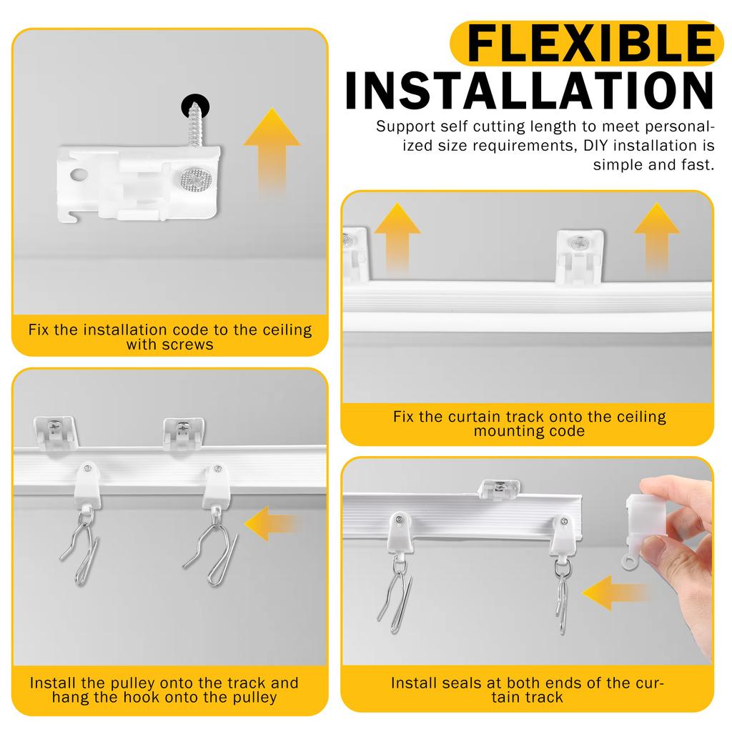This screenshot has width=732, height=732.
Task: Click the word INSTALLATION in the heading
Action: click(530, 91)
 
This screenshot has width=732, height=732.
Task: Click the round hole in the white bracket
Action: click(77, 174)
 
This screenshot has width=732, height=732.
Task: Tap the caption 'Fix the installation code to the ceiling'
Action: click(170, 330)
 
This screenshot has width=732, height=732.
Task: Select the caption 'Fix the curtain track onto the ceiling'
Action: click(529, 416)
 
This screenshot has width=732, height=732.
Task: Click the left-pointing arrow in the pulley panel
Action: click(272, 524)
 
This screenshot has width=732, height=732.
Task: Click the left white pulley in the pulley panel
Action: click(87, 484)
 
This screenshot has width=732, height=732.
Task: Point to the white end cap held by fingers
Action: click(648, 525)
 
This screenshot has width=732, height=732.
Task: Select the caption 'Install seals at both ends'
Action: click(528, 683)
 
